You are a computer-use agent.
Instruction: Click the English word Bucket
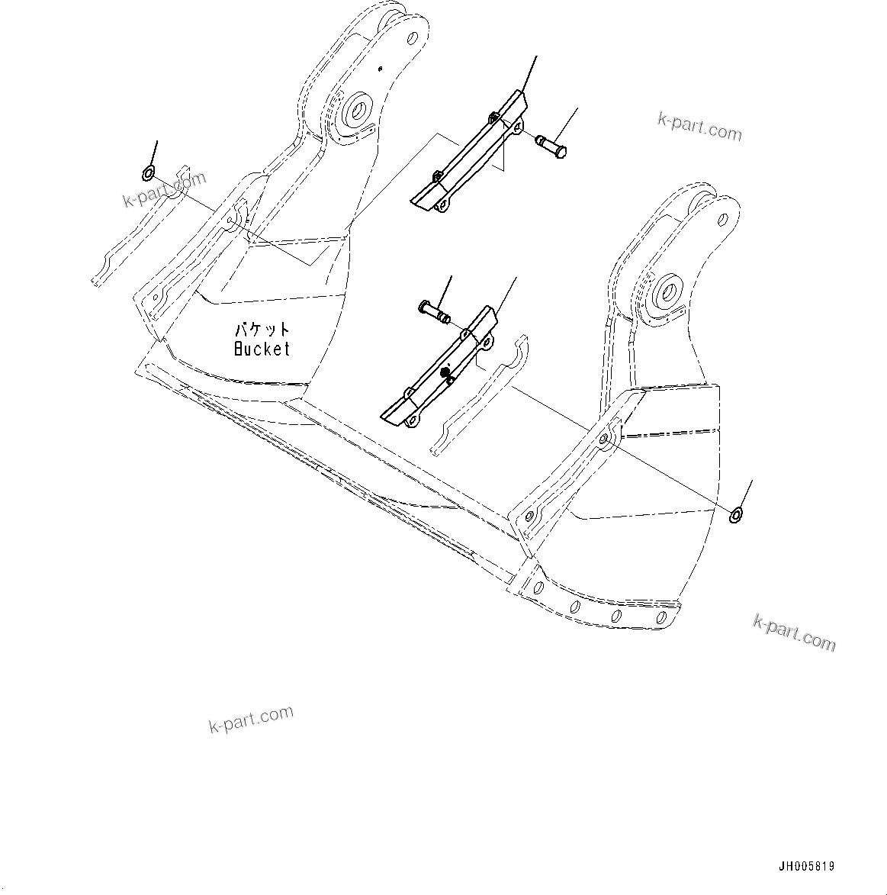coord(262,349)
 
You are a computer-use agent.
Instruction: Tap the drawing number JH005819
coord(806,867)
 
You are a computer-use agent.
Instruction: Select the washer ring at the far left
coord(149,174)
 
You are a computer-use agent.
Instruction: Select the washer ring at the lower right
coord(738,515)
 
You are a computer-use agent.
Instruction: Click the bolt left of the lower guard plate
coord(433,310)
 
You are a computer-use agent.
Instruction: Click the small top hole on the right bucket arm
coord(722,221)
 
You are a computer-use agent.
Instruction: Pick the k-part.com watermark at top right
coord(699,127)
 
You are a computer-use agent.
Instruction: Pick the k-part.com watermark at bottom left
coord(251,720)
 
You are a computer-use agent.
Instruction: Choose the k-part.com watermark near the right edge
coord(794,633)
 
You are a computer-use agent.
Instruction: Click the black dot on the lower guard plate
coord(445,372)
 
